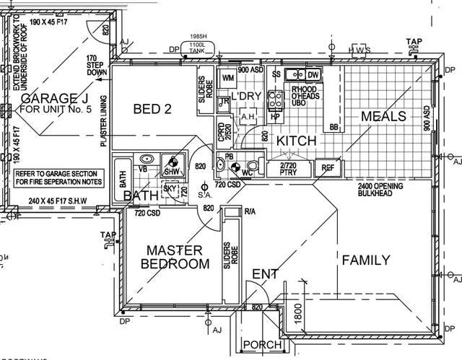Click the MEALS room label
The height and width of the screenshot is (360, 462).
383,116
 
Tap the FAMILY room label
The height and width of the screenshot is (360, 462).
366,260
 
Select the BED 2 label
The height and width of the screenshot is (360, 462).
152,109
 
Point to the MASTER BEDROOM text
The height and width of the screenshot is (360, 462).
178,257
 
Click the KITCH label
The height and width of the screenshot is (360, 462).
297,141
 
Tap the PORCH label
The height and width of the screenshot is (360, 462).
263,346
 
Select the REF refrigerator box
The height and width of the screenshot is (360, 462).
328,167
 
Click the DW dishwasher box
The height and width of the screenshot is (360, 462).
313,75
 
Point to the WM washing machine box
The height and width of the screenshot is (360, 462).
227,77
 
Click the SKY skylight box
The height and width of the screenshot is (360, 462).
170,189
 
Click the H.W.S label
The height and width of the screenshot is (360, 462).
359,50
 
